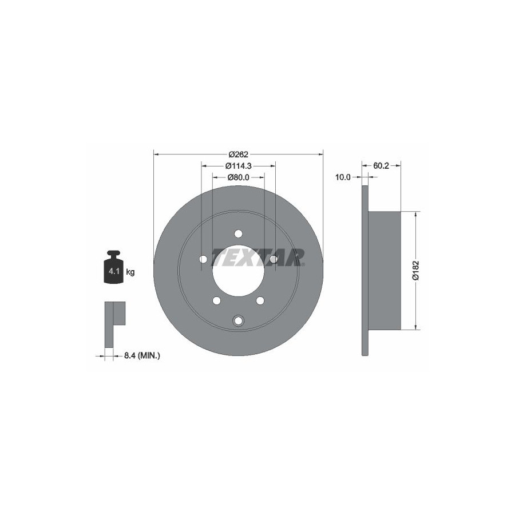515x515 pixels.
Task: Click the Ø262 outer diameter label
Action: pyautogui.click(x=239, y=154)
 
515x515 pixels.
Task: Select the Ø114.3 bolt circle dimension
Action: pyautogui.click(x=239, y=166)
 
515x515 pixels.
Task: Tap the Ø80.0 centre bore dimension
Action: pyautogui.click(x=239, y=177)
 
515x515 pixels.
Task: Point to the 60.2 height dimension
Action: pyautogui.click(x=381, y=166)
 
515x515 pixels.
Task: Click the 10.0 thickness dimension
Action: pyautogui.click(x=343, y=177)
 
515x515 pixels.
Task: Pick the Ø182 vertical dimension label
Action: pyautogui.click(x=416, y=270)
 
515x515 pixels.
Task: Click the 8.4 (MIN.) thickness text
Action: pyautogui.click(x=142, y=355)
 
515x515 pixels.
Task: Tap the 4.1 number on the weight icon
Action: pyautogui.click(x=114, y=272)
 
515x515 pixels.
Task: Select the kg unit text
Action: pyautogui.click(x=130, y=272)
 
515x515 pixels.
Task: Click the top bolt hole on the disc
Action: pyautogui.click(x=239, y=234)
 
